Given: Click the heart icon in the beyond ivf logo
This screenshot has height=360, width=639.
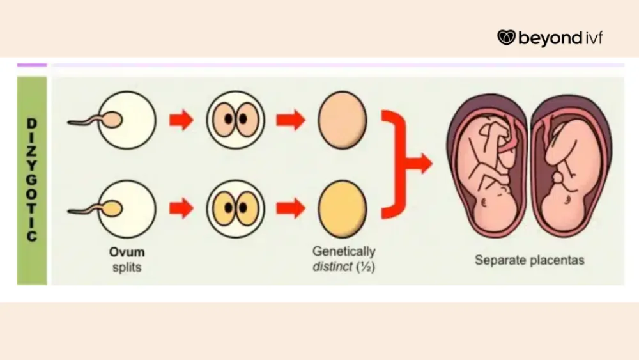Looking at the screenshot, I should (506, 38).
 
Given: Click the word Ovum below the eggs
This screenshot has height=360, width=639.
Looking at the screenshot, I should (127, 253).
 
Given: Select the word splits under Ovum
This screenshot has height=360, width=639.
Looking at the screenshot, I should (127, 267).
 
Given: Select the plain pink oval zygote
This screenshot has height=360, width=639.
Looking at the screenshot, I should (343, 120).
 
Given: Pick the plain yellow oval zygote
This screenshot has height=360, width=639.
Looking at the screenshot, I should (343, 208).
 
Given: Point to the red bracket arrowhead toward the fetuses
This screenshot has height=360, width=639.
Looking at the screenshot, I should (424, 164).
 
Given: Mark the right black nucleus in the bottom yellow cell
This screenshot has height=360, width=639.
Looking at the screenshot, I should (243, 208).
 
